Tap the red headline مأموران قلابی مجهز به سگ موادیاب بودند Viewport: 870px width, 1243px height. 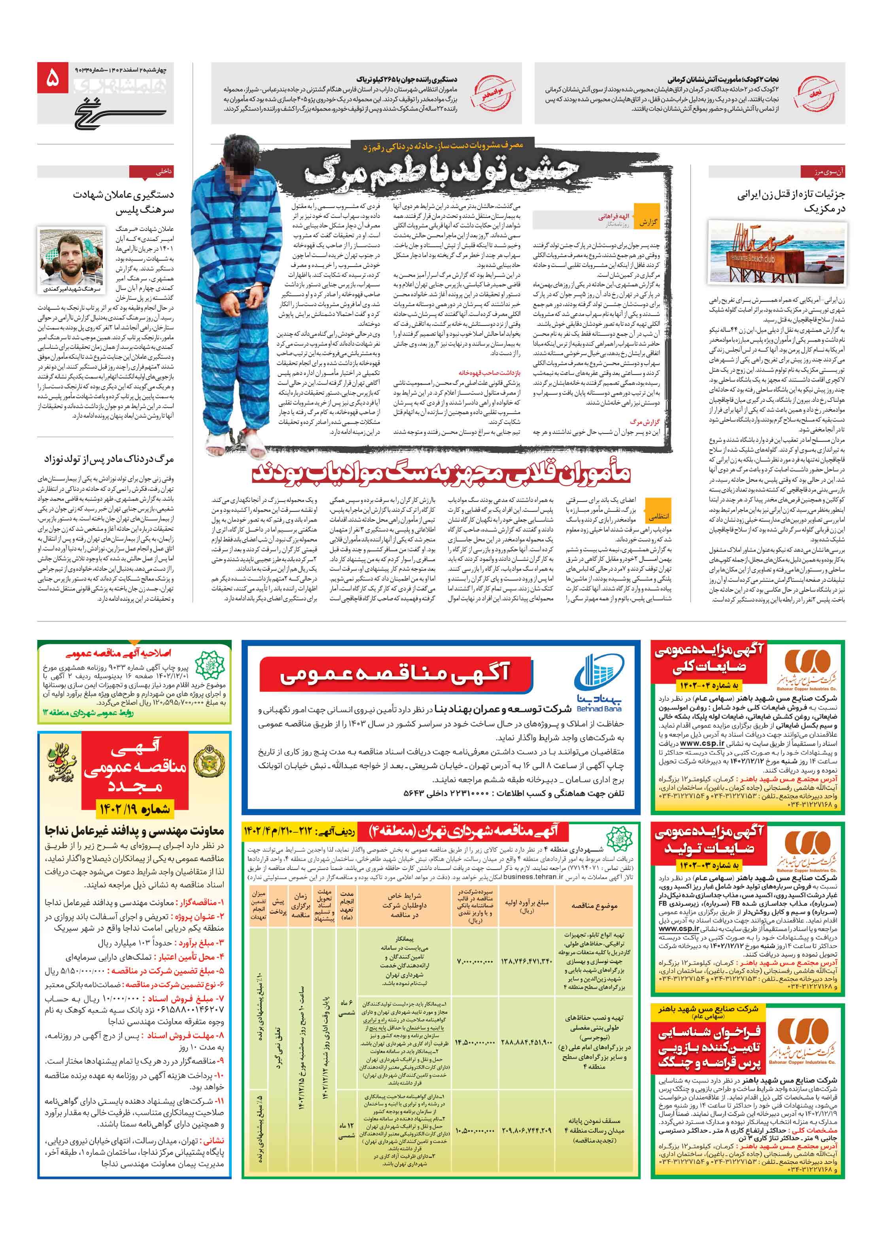pyautogui.click(x=441, y=473)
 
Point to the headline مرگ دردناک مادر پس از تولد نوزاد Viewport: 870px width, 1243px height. pyautogui.click(x=109, y=459)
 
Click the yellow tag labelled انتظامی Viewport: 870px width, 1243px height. pyautogui.click(x=658, y=516)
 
